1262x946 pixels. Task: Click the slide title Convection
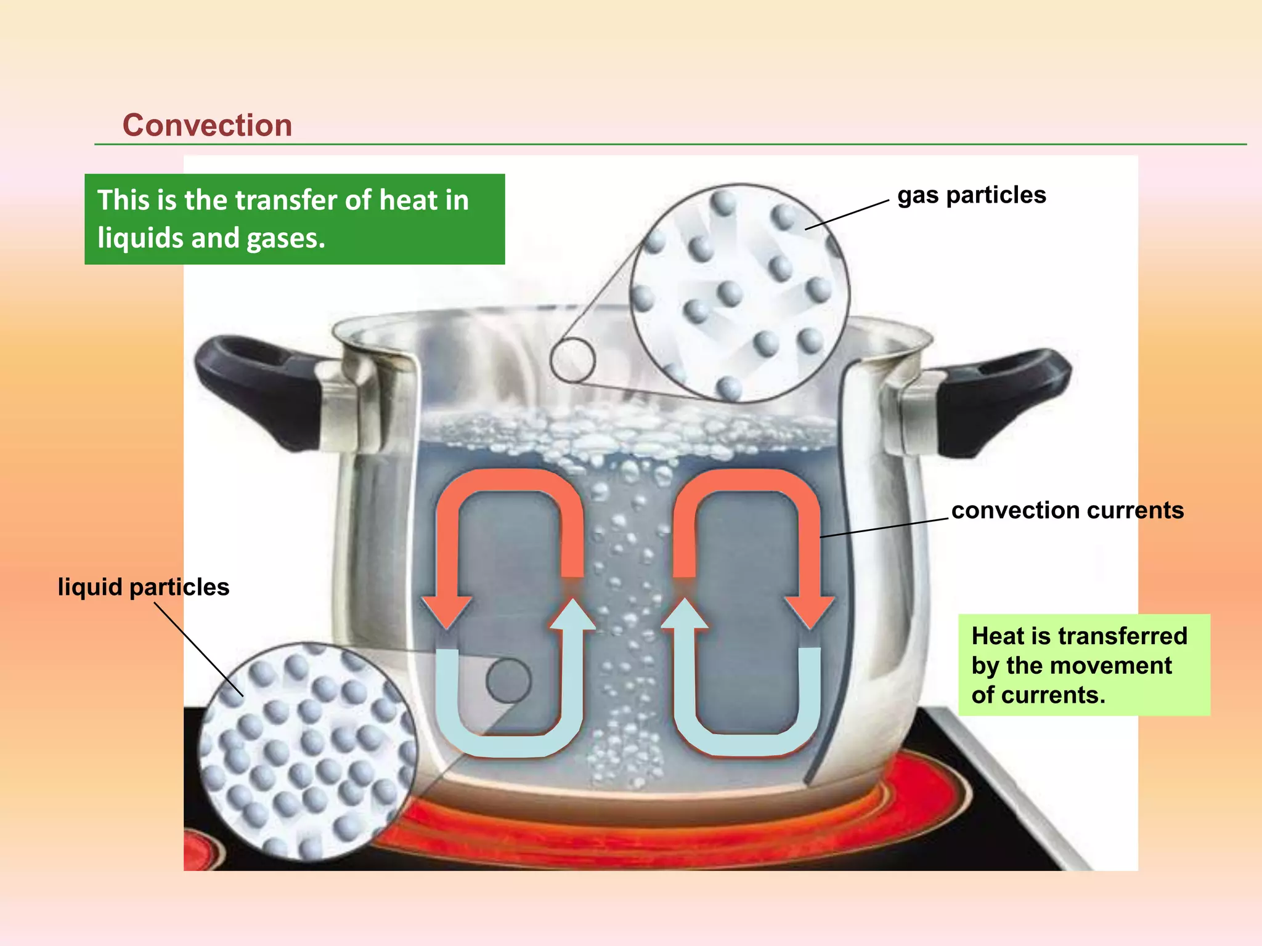tap(207, 126)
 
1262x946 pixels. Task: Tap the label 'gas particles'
tap(972, 195)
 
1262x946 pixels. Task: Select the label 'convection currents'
tap(1067, 511)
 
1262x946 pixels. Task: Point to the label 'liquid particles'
tap(144, 587)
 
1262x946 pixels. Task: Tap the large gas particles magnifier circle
tap(739, 293)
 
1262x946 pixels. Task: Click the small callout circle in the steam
tap(572, 360)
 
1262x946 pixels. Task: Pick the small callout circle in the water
tap(508, 681)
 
